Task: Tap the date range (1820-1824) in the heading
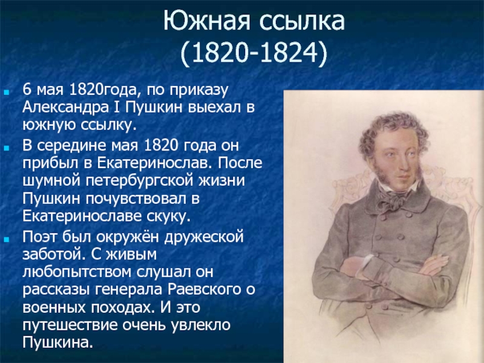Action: coord(253,53)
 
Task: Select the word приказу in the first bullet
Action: coord(199,90)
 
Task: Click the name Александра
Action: coord(65,107)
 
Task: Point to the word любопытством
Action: coord(77,273)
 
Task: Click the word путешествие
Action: coord(70,325)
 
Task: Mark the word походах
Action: coord(122,308)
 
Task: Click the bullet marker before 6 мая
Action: coord(7,92)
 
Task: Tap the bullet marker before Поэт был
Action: coord(7,239)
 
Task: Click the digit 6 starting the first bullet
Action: coord(27,90)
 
